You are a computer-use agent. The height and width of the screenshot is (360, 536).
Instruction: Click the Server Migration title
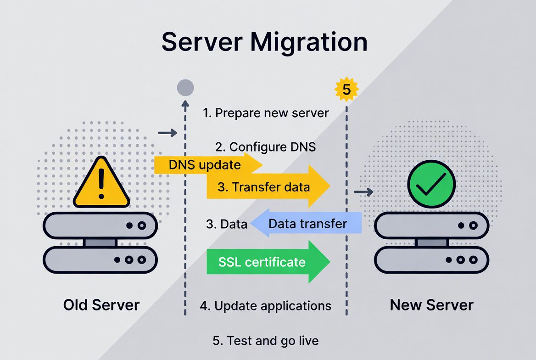point(264,42)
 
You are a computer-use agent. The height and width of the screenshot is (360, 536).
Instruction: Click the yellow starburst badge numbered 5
point(346,90)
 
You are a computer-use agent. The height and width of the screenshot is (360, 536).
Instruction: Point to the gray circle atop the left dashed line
point(185,87)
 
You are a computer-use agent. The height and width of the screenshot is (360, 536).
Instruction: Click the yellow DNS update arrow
point(207,165)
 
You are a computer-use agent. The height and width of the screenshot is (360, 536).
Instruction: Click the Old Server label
point(101,305)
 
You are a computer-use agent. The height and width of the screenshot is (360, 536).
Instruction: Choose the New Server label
point(431,305)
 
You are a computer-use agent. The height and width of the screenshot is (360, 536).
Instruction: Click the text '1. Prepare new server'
point(266,113)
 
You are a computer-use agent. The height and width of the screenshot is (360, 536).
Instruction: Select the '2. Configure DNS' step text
point(266,147)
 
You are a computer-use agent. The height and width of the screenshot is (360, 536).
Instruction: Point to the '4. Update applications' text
point(265,305)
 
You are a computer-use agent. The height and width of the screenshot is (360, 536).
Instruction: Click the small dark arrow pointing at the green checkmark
point(364,192)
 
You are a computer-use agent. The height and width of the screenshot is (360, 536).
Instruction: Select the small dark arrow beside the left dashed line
point(167,133)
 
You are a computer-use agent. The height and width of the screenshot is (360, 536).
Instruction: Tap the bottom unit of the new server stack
point(432,259)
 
